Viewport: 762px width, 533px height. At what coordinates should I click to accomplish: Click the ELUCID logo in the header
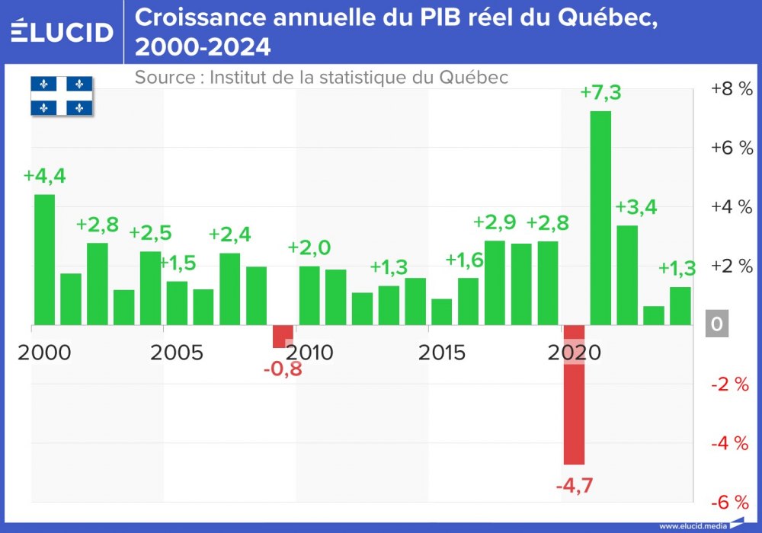click(62, 31)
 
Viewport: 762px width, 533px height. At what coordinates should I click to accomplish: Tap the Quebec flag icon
click(62, 96)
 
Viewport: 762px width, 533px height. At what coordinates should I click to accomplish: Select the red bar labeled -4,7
click(574, 394)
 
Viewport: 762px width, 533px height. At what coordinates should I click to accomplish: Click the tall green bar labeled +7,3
click(600, 218)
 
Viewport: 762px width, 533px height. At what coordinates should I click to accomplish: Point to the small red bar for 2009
click(283, 336)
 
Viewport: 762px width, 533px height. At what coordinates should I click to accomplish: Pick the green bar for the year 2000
click(44, 260)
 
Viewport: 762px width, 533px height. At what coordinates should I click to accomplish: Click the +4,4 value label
click(44, 175)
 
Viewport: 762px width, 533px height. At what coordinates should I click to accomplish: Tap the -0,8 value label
click(282, 371)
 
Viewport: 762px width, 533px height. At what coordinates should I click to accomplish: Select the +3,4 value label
click(636, 206)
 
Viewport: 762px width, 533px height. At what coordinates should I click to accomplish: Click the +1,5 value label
click(178, 263)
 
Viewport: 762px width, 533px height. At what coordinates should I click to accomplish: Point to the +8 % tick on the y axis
click(731, 88)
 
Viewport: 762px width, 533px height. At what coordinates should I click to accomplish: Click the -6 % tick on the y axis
click(731, 502)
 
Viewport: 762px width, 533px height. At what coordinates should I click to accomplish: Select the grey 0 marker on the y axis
click(716, 324)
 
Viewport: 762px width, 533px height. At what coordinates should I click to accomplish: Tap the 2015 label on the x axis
click(442, 353)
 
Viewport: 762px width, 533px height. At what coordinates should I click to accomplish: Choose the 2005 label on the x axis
click(177, 353)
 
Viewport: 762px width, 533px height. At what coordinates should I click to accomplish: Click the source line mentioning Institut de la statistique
click(321, 78)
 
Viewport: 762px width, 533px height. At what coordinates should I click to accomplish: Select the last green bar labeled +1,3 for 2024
click(680, 305)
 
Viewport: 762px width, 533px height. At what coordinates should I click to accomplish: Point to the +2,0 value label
click(309, 247)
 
